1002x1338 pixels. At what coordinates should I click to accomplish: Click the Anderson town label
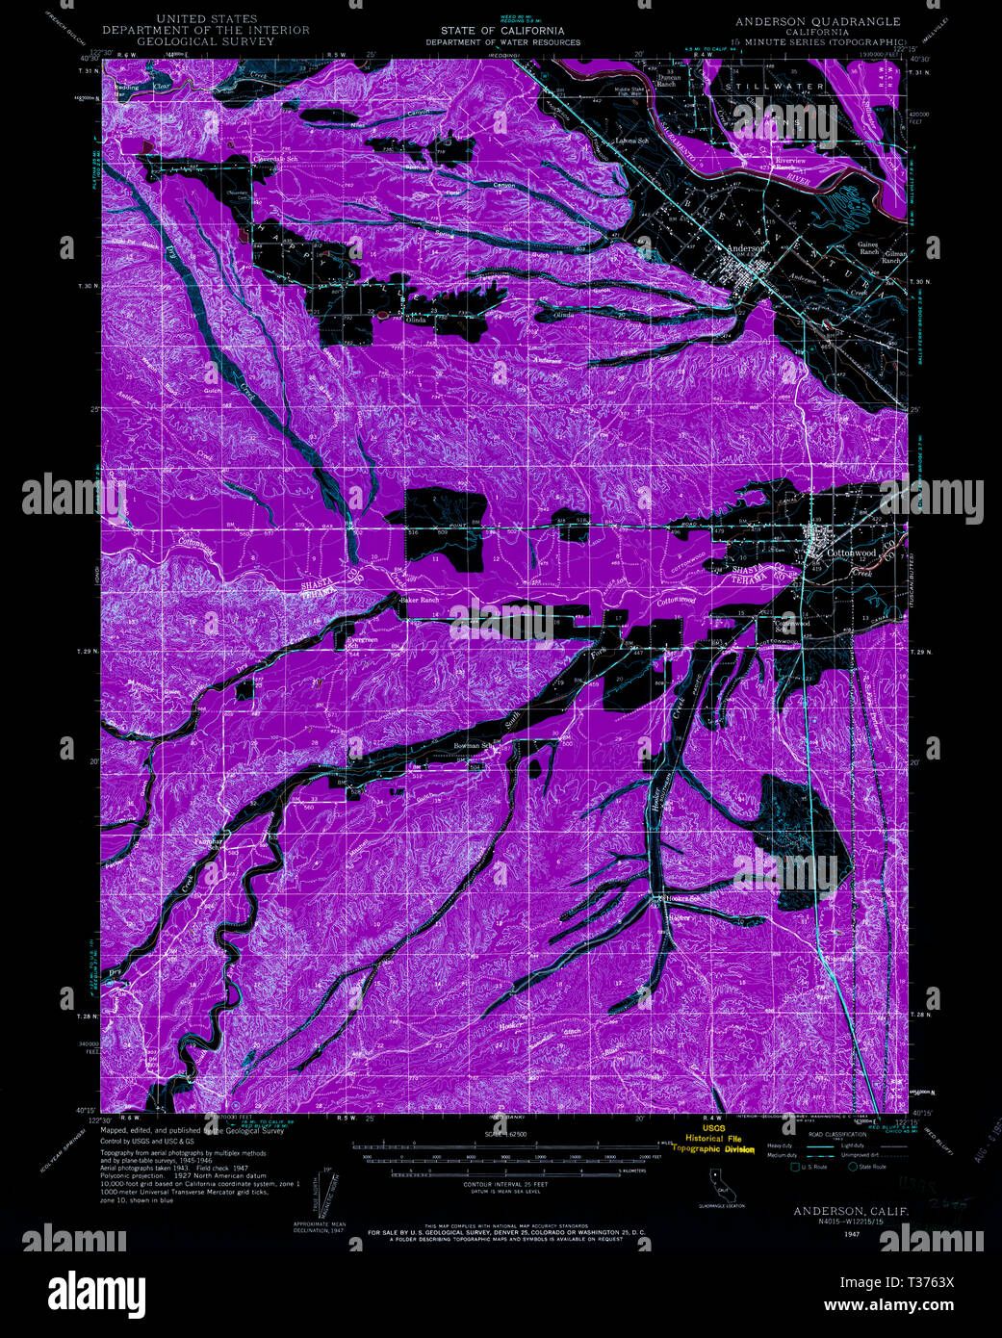[746, 248]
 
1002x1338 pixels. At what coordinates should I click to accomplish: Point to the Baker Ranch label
[420, 600]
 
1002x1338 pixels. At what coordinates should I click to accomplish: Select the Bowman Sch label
[474, 746]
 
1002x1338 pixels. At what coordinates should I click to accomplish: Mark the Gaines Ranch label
[868, 247]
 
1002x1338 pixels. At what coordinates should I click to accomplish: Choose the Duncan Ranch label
[666, 80]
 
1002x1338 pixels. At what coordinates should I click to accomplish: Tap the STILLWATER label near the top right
[775, 87]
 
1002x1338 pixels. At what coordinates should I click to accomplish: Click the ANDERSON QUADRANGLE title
[817, 21]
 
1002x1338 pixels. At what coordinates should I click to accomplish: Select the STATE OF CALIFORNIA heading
[503, 31]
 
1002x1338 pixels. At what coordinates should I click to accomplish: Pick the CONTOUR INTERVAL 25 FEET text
[504, 1183]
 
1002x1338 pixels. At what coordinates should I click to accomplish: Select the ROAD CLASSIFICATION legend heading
[832, 1135]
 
